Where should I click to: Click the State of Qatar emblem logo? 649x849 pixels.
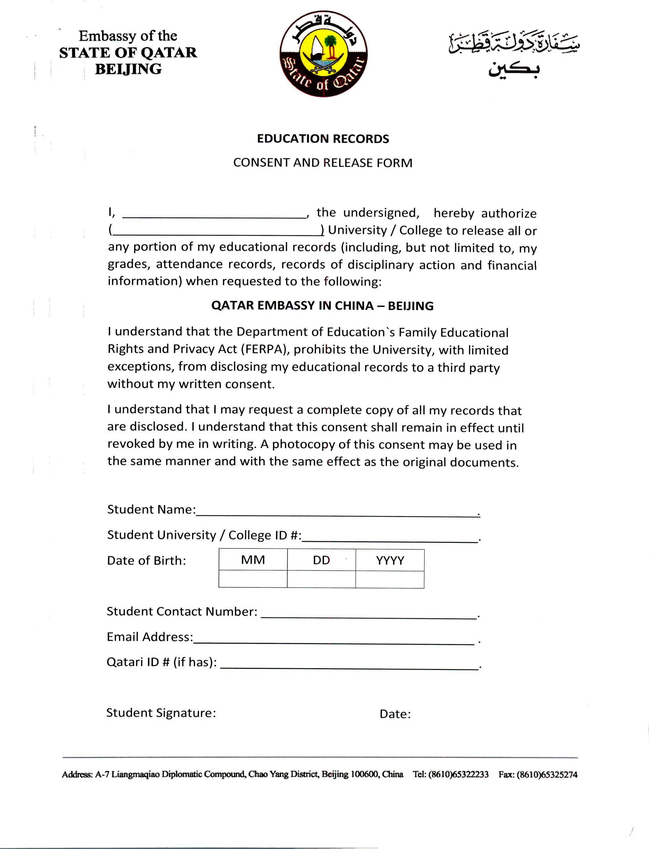[324, 54]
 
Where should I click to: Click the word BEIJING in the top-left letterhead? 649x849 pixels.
[128, 69]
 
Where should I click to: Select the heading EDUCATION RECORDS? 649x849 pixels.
[323, 139]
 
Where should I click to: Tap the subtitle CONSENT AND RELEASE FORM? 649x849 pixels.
[323, 163]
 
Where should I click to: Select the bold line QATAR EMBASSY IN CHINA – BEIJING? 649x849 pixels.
[322, 306]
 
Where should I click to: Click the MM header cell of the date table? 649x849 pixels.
[253, 560]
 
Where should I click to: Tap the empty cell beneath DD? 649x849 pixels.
[321, 579]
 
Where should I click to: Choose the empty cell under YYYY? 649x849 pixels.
[390, 579]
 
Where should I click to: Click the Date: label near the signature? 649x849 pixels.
[395, 714]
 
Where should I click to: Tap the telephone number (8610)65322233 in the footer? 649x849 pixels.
[459, 774]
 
